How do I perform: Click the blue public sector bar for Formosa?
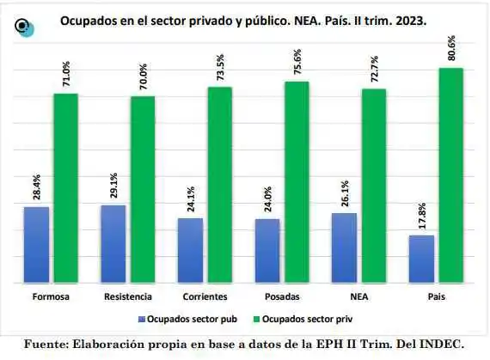tap(36, 244)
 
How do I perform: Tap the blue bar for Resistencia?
tap(113, 243)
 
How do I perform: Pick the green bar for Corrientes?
tap(220, 184)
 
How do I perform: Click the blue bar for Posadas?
tap(266, 250)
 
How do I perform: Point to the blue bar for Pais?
tap(420, 258)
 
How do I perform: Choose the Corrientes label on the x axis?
tap(205, 296)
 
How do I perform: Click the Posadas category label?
tap(283, 296)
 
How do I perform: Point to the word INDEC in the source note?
tap(439, 344)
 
